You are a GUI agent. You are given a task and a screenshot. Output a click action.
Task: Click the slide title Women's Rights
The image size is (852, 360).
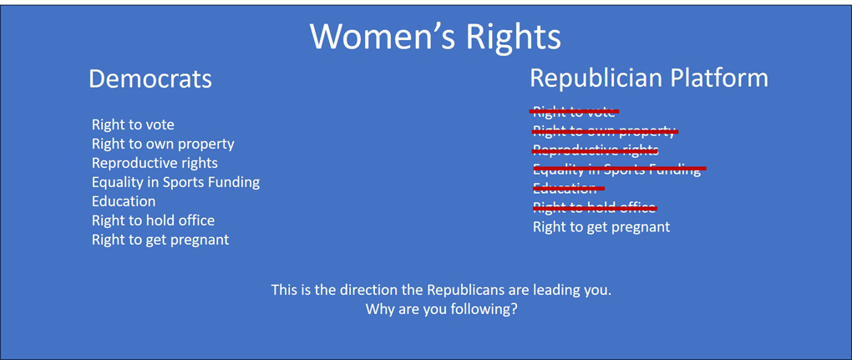pyautogui.click(x=435, y=36)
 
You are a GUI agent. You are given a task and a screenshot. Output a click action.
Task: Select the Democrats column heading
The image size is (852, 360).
pyautogui.click(x=150, y=79)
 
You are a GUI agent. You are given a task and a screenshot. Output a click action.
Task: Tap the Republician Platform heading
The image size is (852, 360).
pyautogui.click(x=649, y=78)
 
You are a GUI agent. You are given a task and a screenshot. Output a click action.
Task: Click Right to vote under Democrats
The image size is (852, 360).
pyautogui.click(x=133, y=124)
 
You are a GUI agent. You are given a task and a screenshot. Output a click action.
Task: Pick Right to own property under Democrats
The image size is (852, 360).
pyautogui.click(x=163, y=144)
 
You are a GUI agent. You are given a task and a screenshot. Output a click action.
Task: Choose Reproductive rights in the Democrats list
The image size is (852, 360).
pyautogui.click(x=155, y=163)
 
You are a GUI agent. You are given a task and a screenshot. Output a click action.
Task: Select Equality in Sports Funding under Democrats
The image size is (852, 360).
pyautogui.click(x=175, y=182)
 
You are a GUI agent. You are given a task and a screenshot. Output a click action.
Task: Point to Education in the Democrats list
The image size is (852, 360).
pyautogui.click(x=124, y=201)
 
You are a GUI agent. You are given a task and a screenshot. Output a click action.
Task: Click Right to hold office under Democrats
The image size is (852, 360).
pyautogui.click(x=153, y=221)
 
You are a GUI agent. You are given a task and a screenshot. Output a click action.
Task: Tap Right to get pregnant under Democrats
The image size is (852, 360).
pyautogui.click(x=160, y=240)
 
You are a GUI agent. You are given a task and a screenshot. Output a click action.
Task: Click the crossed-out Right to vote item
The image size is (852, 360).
pyautogui.click(x=574, y=111)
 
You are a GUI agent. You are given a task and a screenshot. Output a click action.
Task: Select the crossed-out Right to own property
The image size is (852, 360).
pyautogui.click(x=604, y=130)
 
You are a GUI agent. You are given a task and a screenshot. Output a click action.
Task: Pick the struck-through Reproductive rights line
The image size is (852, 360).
pyautogui.click(x=596, y=150)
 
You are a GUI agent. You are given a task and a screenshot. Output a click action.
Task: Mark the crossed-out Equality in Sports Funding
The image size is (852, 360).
pyautogui.click(x=617, y=169)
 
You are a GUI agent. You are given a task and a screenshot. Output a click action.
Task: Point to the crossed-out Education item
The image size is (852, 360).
pyautogui.click(x=565, y=188)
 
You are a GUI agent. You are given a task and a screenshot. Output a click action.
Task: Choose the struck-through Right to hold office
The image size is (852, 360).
pyautogui.click(x=594, y=207)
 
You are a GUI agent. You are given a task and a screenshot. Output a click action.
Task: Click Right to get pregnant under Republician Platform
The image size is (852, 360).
pyautogui.click(x=601, y=226)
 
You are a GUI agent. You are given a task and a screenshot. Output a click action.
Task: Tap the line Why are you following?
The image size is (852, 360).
pyautogui.click(x=441, y=309)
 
